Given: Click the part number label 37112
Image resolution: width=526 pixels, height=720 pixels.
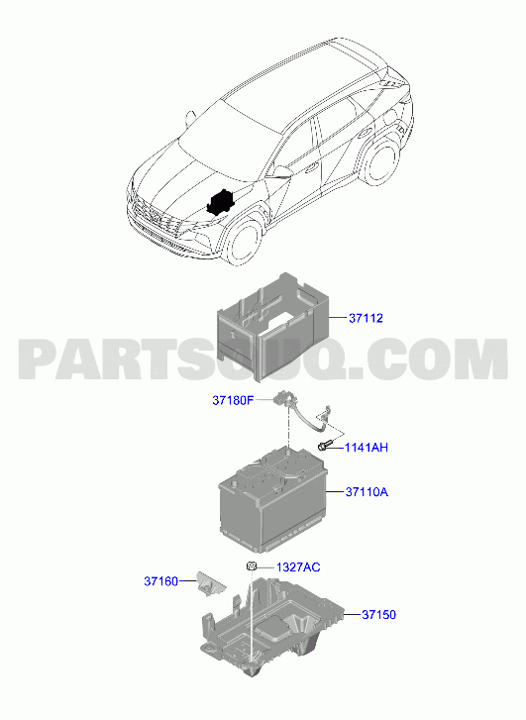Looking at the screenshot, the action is tap(366, 318).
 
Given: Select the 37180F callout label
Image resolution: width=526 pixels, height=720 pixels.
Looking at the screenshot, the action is tap(233, 400).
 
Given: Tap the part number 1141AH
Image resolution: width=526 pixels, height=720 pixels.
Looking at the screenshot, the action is tap(367, 448).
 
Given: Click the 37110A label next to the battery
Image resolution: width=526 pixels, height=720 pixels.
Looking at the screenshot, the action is tap(367, 492).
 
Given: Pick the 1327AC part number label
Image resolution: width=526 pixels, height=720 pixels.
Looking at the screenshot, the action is tap(298, 567).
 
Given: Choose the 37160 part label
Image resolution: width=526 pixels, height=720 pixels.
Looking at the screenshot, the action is tap(160, 581).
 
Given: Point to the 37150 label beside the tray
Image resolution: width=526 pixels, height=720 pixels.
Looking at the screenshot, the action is tap(378, 614).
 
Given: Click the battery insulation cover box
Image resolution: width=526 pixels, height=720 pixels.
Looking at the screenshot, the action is tap(272, 327).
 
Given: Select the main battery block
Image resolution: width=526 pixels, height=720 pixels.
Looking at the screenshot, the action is tap(272, 499).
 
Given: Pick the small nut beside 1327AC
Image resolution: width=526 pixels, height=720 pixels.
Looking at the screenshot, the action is tap(251, 566).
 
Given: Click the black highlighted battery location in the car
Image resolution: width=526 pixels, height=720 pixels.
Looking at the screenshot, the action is tap(221, 201).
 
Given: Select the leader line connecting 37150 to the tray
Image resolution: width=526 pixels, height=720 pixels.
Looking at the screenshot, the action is tap(352, 614).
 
